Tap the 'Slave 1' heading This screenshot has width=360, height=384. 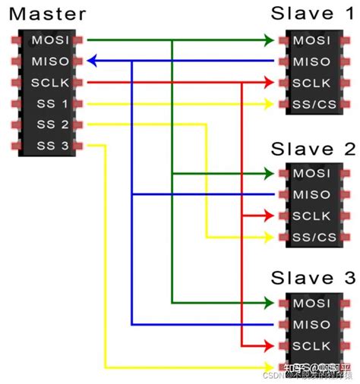[x=313, y=13]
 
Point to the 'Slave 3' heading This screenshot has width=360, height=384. [x=313, y=276]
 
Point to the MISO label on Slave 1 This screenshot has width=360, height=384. [x=312, y=61]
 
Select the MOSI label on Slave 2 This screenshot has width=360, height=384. [x=312, y=174]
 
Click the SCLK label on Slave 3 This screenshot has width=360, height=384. [x=312, y=346]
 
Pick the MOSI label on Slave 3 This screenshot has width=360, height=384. [x=312, y=304]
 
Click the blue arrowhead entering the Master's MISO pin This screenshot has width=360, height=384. [x=91, y=61]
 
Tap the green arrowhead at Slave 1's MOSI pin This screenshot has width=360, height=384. [x=269, y=39]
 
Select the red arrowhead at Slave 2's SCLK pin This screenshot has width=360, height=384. [x=269, y=217]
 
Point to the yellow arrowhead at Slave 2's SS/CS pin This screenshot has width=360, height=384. [x=269, y=238]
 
